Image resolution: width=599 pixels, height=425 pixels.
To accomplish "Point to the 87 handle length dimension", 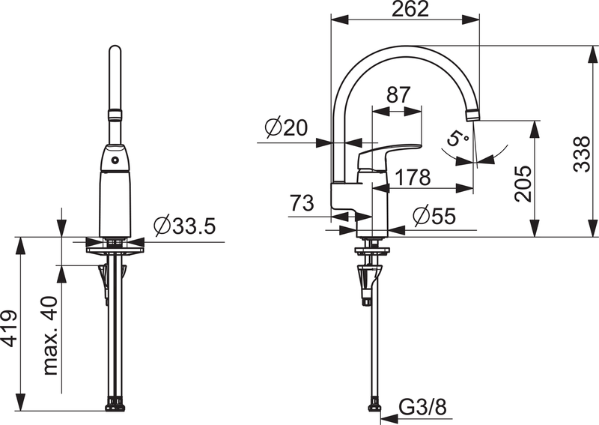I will coord(398,95).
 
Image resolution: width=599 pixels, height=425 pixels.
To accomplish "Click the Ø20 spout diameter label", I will coord(286,128).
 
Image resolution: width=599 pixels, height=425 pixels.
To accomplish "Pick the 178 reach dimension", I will coord(413,178).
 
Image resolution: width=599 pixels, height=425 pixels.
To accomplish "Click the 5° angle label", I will coord(458,139).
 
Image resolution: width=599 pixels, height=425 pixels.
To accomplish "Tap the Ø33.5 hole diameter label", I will coord(183,224).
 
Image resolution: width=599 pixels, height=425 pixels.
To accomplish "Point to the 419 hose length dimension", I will coord(10,328).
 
